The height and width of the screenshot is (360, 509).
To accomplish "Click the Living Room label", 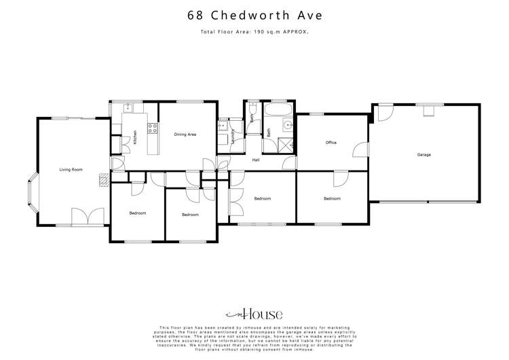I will pos(71,169).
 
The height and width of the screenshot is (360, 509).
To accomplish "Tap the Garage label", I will pos(424,155).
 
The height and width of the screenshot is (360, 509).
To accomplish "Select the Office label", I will pos(331,143).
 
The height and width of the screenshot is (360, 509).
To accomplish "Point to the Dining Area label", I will pos(185,134).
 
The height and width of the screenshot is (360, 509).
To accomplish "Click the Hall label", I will pos(257,160).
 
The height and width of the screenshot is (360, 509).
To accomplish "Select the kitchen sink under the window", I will pos(128,107).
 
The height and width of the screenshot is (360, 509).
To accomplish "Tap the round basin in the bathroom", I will pos(288,125).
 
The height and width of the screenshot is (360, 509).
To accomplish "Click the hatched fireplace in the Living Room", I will pos(104,179).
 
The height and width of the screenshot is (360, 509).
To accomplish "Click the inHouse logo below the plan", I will pos(254,314).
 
